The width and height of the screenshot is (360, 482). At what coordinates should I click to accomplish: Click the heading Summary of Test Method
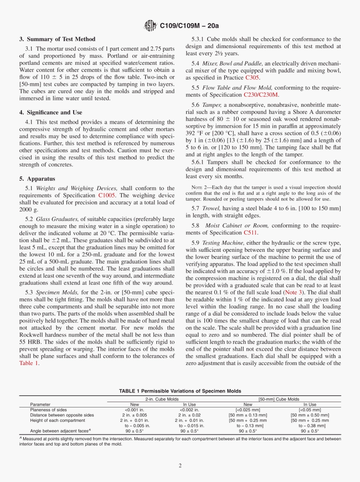tap(57, 39)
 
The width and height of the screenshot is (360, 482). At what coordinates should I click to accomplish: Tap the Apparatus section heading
tap(37, 179)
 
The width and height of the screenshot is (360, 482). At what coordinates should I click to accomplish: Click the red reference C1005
tap(107, 195)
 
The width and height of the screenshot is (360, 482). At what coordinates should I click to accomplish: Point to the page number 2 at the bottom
tap(180, 466)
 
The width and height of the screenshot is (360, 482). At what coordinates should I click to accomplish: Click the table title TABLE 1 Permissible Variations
tap(180, 391)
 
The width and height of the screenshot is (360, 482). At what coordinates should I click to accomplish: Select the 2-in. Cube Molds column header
tap(162, 399)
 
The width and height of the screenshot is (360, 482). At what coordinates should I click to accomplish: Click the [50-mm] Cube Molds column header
tap(279, 399)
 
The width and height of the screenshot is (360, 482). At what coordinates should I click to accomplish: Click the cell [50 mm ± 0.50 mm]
tap(310, 415)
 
